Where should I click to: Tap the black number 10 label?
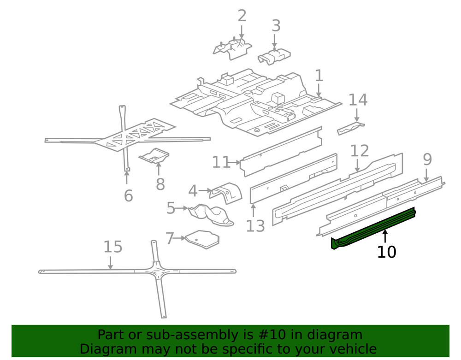(386, 252)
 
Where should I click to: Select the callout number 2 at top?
(242, 16)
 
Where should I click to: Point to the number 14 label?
(358, 100)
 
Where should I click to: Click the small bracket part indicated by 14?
(350, 128)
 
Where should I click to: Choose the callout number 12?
(360, 151)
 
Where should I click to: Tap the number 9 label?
(427, 159)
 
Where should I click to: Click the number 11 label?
(221, 162)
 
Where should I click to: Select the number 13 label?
(255, 226)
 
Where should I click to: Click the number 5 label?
(171, 208)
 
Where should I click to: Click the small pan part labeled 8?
(155, 156)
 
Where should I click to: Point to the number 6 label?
(128, 195)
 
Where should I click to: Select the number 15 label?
(112, 247)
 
